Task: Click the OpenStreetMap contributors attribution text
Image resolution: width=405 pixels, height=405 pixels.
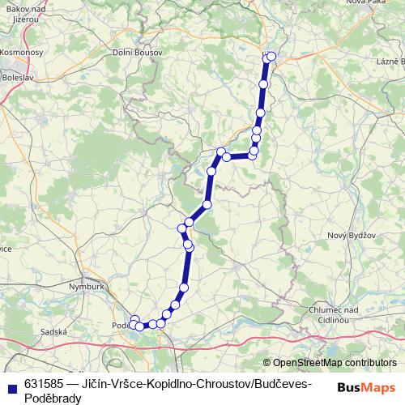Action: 334,363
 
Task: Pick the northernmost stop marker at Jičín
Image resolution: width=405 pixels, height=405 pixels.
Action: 271,56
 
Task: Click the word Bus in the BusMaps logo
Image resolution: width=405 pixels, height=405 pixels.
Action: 352,387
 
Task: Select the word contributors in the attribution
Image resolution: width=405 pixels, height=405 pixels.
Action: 369,363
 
